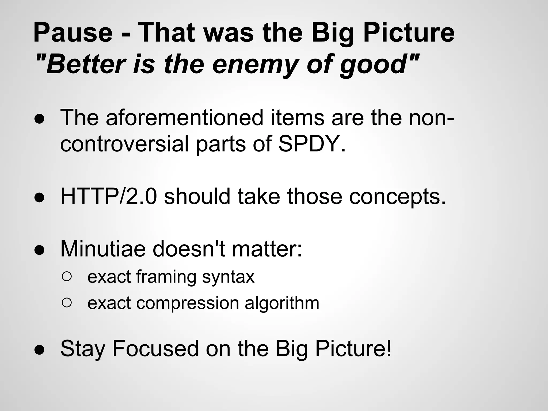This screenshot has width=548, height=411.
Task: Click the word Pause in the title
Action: pyautogui.click(x=73, y=33)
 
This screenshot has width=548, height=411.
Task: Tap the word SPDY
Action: pyautogui.click(x=312, y=144)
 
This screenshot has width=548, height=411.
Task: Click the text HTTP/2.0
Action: pyautogui.click(x=108, y=197)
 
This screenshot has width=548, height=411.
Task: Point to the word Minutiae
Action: pyautogui.click(x=103, y=249)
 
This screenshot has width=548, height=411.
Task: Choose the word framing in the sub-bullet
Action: pyautogui.click(x=166, y=277)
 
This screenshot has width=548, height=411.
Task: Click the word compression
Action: pyautogui.click(x=187, y=303)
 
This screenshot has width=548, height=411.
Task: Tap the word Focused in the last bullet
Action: pyautogui.click(x=155, y=349)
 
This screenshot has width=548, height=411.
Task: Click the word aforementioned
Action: pyautogui.click(x=185, y=118)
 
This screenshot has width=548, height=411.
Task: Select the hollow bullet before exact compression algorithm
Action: pyautogui.click(x=67, y=303)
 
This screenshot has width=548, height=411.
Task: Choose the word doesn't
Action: pyautogui.click(x=189, y=249)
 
